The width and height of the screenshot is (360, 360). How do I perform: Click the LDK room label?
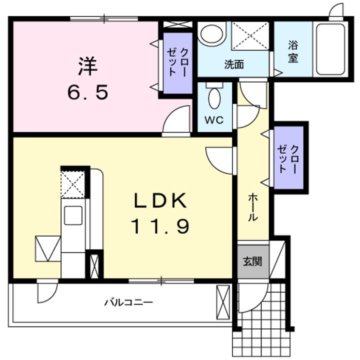click(x=160, y=200)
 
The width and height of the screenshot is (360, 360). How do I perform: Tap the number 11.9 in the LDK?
click(x=160, y=226)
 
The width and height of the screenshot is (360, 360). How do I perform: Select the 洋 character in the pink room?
click(x=88, y=66)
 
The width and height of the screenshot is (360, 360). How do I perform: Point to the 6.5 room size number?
click(x=88, y=92)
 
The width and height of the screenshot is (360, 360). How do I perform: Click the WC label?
click(x=214, y=120)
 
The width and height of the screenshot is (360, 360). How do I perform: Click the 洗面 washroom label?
click(x=234, y=64)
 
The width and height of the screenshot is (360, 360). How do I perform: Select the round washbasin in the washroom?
click(x=211, y=33)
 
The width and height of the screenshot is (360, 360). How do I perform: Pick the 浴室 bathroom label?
click(x=293, y=51)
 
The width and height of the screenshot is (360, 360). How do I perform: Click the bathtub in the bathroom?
click(x=330, y=49)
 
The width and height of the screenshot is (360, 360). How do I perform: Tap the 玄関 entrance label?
click(x=252, y=261)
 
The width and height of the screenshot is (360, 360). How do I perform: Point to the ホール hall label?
click(x=253, y=207)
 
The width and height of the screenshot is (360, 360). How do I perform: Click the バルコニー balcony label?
click(x=128, y=302)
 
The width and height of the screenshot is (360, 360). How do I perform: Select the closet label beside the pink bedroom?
click(x=177, y=62)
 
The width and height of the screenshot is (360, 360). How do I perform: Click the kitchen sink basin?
click(x=73, y=215)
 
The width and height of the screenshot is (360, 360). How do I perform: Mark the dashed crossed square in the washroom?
click(x=250, y=35)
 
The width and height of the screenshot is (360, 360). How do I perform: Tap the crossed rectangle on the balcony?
click(x=223, y=302)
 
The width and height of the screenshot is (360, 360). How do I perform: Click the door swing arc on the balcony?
click(x=51, y=296)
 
